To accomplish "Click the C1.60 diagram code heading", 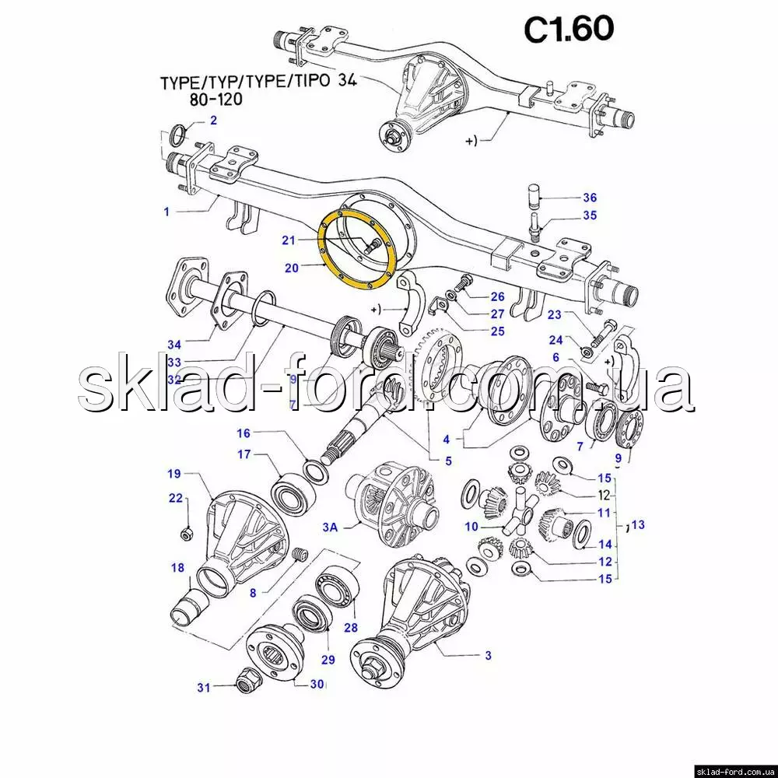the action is (x=569, y=30).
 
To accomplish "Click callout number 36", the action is (x=590, y=198).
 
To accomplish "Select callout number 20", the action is (x=292, y=268).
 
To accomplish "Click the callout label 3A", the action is (x=330, y=527).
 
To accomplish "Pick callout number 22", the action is (x=176, y=498).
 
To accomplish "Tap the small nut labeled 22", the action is (x=187, y=534).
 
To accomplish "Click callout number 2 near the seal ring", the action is (x=213, y=121).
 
